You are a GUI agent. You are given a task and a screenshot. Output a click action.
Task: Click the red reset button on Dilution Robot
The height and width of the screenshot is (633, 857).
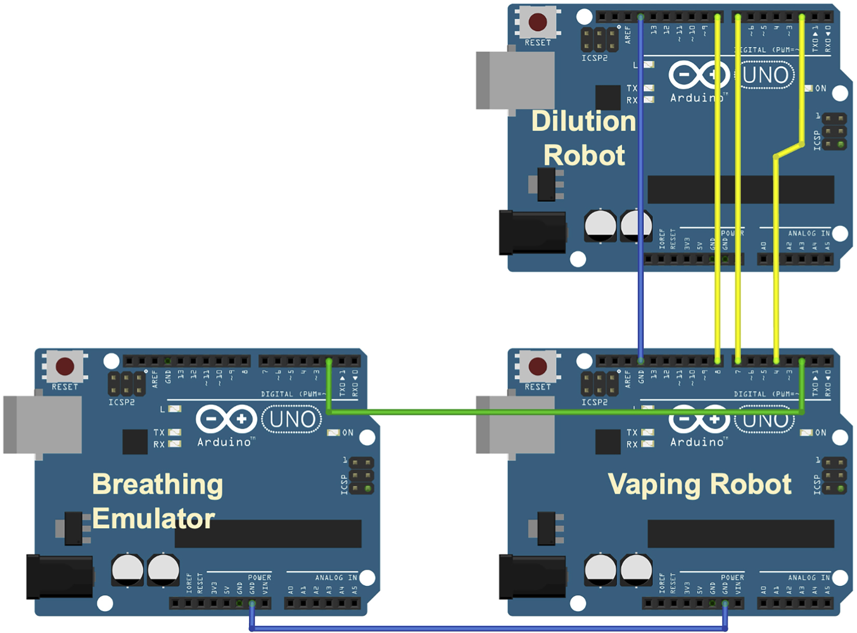[537, 22]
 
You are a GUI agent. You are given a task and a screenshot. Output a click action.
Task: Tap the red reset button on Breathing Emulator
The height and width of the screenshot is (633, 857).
[65, 366]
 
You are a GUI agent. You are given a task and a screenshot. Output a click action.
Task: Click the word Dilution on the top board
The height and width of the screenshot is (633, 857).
[584, 121]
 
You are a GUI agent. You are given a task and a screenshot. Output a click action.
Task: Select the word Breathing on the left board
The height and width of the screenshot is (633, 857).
[157, 484]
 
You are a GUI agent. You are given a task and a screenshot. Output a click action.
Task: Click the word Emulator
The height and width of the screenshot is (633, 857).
[154, 518]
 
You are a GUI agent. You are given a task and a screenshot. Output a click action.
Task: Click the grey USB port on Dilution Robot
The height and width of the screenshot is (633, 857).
[515, 80]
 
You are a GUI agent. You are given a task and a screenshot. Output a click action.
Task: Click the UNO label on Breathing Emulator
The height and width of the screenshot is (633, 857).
[292, 419]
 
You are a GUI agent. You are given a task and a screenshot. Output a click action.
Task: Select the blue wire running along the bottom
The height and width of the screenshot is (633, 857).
[488, 628]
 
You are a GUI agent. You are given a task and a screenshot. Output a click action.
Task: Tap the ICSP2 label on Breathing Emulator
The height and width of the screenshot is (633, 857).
[121, 402]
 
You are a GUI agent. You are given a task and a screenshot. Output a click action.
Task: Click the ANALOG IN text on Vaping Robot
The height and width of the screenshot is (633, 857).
[808, 578]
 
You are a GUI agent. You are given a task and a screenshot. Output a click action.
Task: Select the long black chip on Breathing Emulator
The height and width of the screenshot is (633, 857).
[268, 534]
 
